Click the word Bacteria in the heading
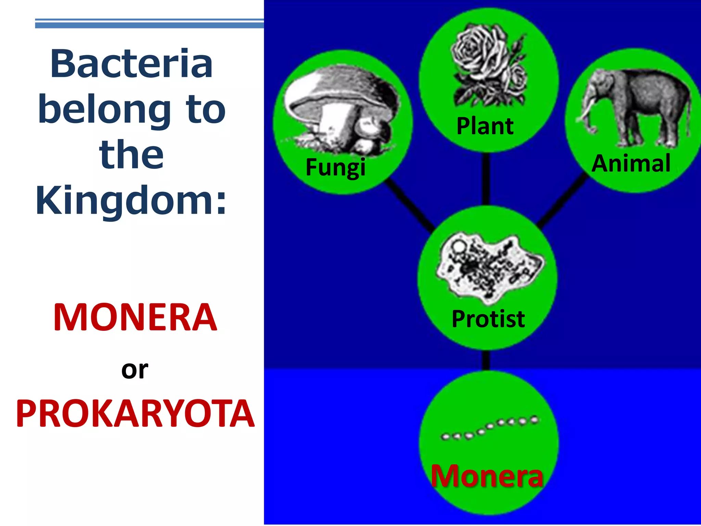click(131, 64)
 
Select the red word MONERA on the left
click(135, 318)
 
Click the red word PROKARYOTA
click(135, 414)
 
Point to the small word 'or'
click(135, 370)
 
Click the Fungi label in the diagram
click(335, 167)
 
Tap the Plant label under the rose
click(485, 126)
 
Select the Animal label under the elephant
click(631, 163)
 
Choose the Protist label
click(488, 319)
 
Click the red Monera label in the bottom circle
click(487, 476)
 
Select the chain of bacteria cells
click(489, 428)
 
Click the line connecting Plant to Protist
click(486, 180)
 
